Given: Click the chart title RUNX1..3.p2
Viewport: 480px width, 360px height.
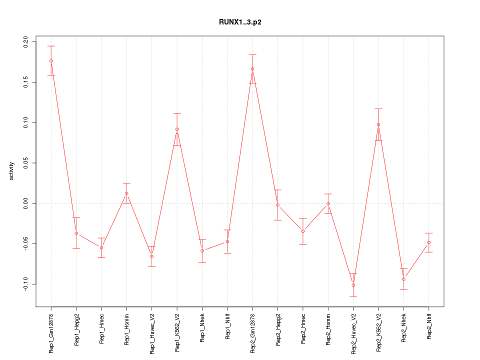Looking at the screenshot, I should (240, 22).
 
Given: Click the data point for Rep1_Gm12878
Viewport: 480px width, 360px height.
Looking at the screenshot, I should (51, 61).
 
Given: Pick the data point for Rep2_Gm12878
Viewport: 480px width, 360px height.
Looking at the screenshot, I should (252, 69).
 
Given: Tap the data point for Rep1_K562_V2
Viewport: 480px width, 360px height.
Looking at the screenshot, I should (177, 129).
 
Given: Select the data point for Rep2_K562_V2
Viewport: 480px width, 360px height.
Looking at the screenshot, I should (378, 124).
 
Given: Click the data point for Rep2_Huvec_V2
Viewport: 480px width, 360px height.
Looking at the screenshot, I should (353, 285).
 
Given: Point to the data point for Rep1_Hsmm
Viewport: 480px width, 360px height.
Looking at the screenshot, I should (126, 193).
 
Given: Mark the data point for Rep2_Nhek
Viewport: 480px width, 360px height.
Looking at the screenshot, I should (403, 279).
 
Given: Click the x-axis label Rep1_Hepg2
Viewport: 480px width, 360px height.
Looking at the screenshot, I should (76, 330).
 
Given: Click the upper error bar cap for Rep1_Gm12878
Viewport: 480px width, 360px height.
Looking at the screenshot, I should (51, 46).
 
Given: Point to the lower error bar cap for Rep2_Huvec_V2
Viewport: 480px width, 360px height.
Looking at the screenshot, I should (353, 296).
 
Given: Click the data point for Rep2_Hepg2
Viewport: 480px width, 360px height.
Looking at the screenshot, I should (277, 205).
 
